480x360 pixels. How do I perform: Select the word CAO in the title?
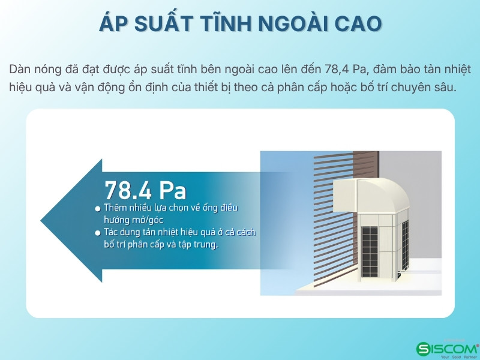pos(358,23)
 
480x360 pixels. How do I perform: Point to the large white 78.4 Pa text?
pos(145,190)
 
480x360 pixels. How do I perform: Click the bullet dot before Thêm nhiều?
pos(98,209)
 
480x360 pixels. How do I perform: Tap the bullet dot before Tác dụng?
pos(98,233)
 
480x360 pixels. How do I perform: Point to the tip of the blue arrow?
pos(41,220)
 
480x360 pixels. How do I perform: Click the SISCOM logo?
pos(448,349)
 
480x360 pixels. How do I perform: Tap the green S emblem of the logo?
pos(423,349)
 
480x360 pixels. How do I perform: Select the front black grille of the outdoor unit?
pos(370,251)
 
